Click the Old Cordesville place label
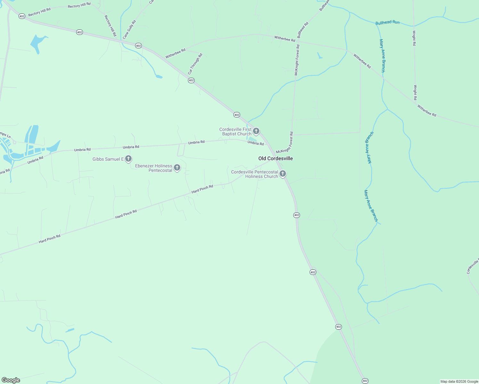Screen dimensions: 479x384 click(275, 158)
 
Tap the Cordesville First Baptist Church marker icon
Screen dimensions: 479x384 click(256, 131)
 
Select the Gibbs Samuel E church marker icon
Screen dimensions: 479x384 click(128, 158)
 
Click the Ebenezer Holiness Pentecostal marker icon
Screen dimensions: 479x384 click(177, 167)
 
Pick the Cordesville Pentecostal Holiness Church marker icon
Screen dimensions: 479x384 click(283, 174)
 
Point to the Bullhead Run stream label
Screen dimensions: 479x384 click(387, 22)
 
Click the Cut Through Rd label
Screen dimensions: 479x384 click(195, 64)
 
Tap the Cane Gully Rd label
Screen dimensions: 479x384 click(129, 29)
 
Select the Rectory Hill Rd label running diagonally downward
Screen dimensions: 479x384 click(110, 26)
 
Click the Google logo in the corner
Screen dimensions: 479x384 click(11, 380)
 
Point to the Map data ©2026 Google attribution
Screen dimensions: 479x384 click(459, 381)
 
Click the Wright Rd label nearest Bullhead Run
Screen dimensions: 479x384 click(414, 38)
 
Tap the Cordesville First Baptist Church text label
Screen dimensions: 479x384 click(235, 132)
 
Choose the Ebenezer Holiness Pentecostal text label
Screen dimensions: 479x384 click(154, 168)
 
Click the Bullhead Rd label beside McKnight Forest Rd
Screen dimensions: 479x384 click(303, 30)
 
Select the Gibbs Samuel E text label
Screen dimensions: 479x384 click(108, 159)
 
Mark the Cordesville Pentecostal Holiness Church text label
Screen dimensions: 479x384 click(255, 174)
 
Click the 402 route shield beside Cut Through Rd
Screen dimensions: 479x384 click(191, 80)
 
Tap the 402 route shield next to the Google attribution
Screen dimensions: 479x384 click(365, 381)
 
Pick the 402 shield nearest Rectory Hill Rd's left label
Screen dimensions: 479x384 click(22, 16)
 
